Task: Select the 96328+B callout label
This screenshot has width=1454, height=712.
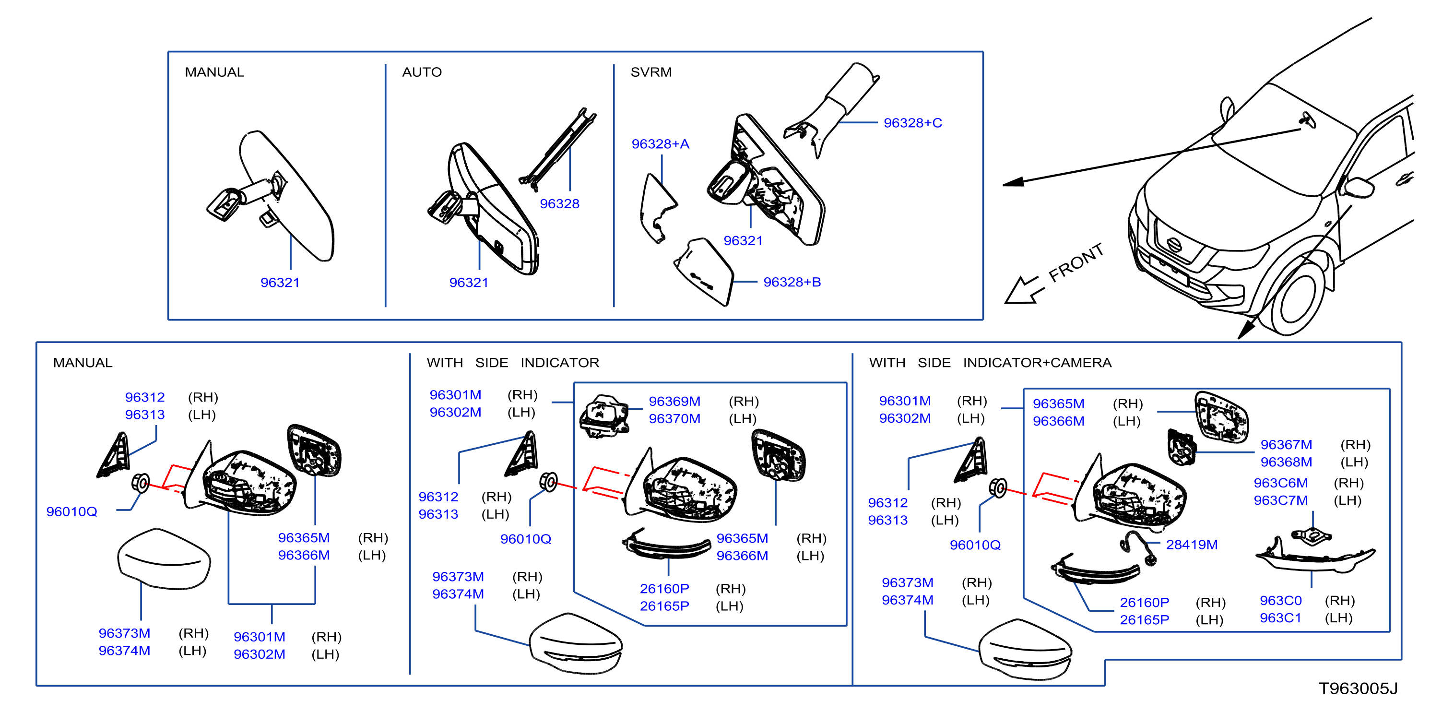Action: coord(792,282)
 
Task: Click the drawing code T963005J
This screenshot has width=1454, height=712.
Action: coord(1358,688)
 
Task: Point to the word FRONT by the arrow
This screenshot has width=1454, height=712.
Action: coord(1076,262)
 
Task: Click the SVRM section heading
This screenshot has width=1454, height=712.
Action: coord(651,72)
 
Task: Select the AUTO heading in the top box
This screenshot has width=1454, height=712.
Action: coord(422,72)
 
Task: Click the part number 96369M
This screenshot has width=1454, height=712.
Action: coord(674,401)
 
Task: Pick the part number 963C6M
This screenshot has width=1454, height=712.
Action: coord(1280,483)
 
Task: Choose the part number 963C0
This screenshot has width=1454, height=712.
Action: coord(1280,600)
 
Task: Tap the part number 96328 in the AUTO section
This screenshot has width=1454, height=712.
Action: coord(559,204)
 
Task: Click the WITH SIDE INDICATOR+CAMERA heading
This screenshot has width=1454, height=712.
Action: coord(990,363)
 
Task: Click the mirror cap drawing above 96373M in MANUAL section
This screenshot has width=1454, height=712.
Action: coord(164,559)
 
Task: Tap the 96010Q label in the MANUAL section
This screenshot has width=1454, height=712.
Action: coord(71,511)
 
